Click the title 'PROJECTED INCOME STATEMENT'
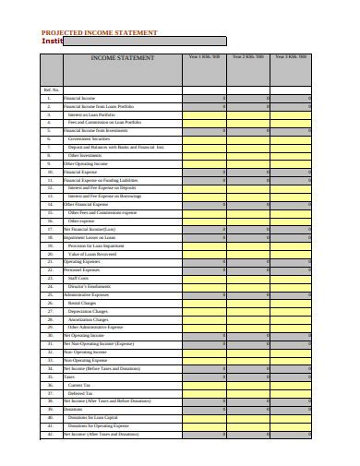click(x=99, y=32)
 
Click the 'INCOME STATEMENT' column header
click(x=122, y=58)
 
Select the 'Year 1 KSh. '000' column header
click(x=204, y=57)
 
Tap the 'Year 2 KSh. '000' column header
click(x=247, y=57)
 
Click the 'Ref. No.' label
click(x=51, y=90)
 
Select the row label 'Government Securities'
click(x=90, y=139)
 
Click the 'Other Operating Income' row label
click(x=87, y=163)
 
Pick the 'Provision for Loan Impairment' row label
click(x=98, y=245)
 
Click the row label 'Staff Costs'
click(x=78, y=278)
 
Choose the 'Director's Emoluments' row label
click(x=90, y=286)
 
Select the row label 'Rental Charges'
click(x=82, y=303)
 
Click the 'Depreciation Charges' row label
click(x=89, y=311)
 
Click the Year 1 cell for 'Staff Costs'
click(x=204, y=278)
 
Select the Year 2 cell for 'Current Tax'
click(x=247, y=384)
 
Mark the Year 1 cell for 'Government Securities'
click(x=204, y=139)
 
